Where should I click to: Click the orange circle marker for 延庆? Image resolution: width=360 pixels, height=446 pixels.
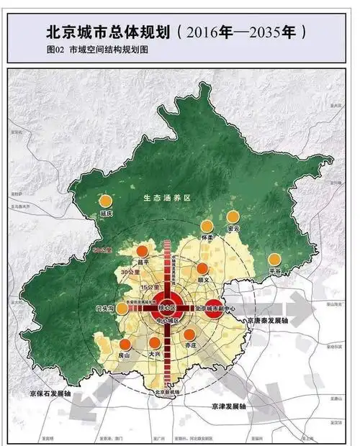[107, 201]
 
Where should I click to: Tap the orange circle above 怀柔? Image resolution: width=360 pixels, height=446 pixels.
[209, 226]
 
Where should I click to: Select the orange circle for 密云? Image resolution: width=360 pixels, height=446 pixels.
[233, 217]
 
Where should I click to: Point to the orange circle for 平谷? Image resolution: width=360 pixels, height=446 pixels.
[274, 260]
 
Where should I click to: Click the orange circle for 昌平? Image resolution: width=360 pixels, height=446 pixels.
[143, 251]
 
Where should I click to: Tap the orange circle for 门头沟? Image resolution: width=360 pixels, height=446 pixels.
[123, 309]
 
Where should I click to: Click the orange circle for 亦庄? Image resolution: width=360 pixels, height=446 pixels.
[189, 334]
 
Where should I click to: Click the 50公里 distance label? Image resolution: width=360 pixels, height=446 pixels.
[104, 250]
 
